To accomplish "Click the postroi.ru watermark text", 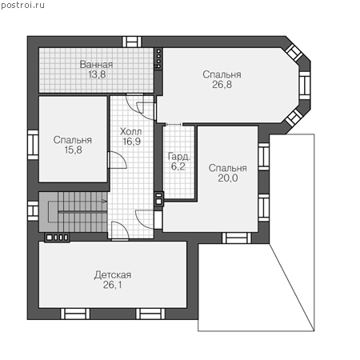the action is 23,5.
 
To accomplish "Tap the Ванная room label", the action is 96,64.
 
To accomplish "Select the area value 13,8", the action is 97,74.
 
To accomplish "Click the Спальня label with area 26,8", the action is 222,74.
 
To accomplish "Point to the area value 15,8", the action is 73,150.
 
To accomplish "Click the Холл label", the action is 130,131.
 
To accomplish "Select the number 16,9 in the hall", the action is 132,142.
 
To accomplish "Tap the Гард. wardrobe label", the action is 179,157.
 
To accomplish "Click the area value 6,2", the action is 178,166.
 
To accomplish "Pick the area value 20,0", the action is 228,178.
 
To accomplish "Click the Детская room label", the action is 113,275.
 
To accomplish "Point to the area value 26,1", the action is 112,285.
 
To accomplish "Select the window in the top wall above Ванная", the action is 132,42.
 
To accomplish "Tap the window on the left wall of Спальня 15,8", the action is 33,145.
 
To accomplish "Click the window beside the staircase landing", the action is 33,211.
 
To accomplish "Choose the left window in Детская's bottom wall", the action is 75,314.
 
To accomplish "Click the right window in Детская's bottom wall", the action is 150,314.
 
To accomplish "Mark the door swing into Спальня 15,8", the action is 118,160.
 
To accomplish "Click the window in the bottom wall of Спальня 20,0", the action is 237,238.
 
